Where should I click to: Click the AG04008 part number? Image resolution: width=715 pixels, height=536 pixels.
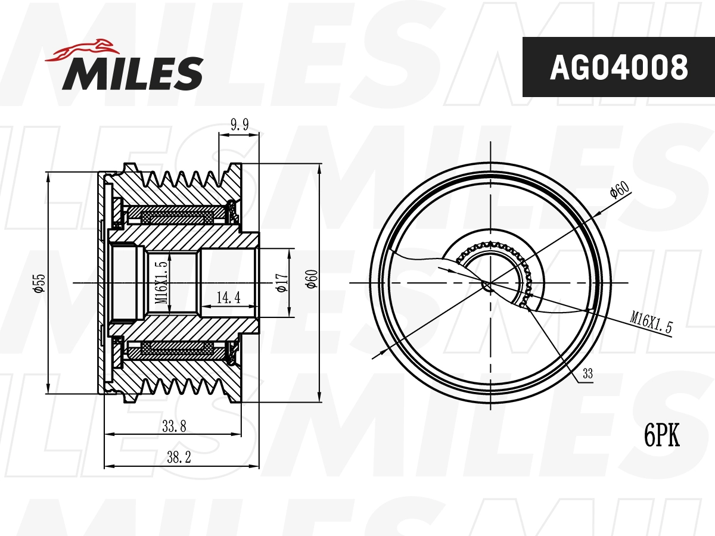coord(618,67)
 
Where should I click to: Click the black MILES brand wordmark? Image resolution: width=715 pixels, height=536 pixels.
coord(133,73)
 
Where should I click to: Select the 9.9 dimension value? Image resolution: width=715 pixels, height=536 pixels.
coord(240,124)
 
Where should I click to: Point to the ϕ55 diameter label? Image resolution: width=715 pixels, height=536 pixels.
coord(39,283)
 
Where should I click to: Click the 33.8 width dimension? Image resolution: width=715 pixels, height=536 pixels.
coord(174,426)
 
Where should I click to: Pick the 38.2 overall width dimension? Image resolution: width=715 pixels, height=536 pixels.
coord(179,457)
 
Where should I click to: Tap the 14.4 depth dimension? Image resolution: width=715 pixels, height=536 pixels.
coord(228,297)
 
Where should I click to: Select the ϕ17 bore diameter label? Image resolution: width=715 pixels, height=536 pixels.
coord(282,283)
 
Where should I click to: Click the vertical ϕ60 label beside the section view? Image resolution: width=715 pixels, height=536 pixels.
coord(311,279)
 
